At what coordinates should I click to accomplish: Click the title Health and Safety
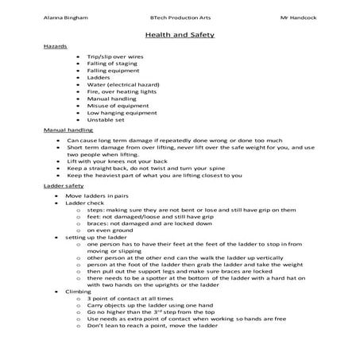pos(180,35)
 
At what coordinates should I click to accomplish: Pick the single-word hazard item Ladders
pos(99,78)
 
